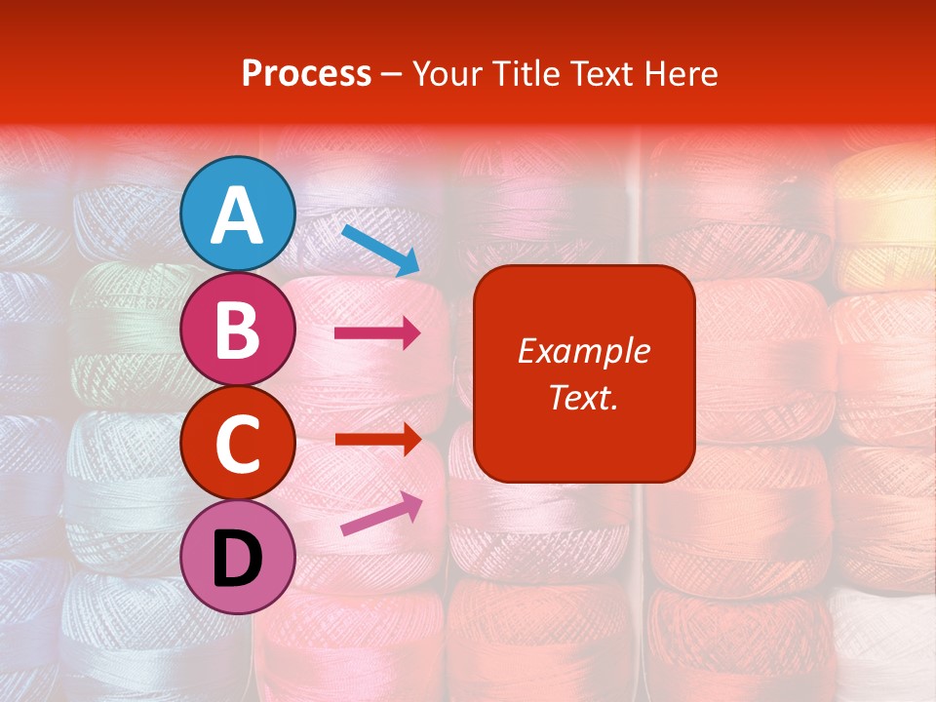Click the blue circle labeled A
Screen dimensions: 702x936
tap(238, 214)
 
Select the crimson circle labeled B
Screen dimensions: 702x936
tap(238, 329)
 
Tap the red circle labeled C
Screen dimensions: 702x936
tap(238, 443)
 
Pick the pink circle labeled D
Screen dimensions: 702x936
tap(238, 557)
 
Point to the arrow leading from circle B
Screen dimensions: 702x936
tap(377, 333)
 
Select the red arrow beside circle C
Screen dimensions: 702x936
tap(377, 440)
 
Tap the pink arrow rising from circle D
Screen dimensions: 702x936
tap(381, 514)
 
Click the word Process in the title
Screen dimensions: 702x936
tap(306, 73)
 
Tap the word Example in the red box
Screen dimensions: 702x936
tap(583, 351)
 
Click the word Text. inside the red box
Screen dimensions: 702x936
tap(583, 397)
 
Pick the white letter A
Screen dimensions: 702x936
tap(238, 215)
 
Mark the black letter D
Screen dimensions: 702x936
tap(238, 559)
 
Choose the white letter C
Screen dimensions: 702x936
tap(238, 445)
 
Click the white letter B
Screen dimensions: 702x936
tap(238, 330)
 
